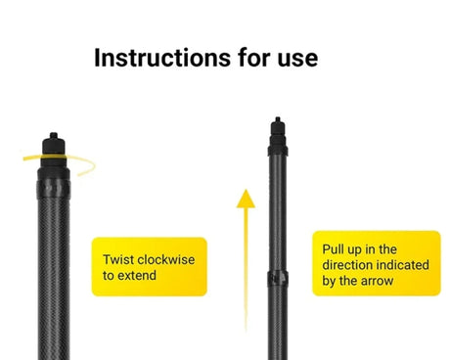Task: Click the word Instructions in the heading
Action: click(x=162, y=58)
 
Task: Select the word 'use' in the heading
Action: click(x=297, y=61)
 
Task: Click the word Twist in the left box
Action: click(x=118, y=259)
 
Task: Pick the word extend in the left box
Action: click(x=137, y=275)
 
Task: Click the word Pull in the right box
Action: click(x=333, y=249)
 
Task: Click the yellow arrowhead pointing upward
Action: click(x=246, y=199)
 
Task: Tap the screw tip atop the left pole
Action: click(x=54, y=136)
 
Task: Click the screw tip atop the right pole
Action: click(x=278, y=119)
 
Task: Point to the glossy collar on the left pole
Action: click(x=54, y=189)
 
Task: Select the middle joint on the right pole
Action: click(x=278, y=279)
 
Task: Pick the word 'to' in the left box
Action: click(x=109, y=276)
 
